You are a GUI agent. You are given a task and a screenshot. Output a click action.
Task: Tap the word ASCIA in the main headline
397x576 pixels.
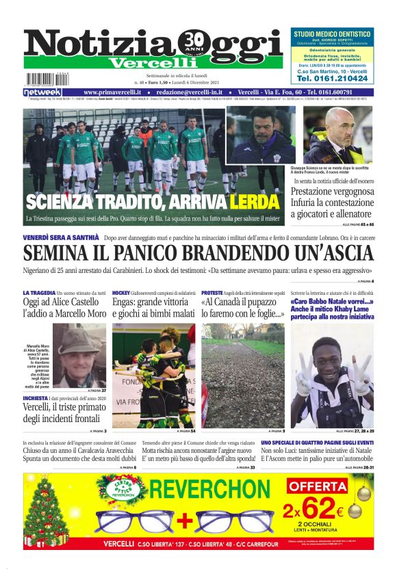[340, 253]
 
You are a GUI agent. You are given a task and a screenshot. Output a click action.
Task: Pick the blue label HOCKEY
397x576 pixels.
[120, 293]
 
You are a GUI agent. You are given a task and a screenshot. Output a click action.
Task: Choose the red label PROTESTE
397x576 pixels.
[213, 293]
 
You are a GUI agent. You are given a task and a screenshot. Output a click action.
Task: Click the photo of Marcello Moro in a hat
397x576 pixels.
[79, 355]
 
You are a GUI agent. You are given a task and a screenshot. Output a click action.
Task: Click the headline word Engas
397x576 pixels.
[126, 302]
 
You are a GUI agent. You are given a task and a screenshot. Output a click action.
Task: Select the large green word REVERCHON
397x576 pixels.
[216, 489]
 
